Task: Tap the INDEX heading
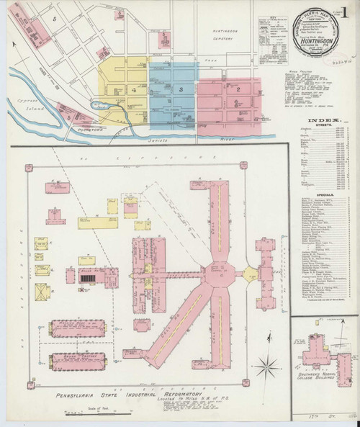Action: pyautogui.click(x=321, y=120)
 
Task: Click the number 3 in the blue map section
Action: pyautogui.click(x=181, y=89)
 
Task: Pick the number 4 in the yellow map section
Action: pyautogui.click(x=133, y=90)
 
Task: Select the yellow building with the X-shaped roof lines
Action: pyautogui.click(x=46, y=292)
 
